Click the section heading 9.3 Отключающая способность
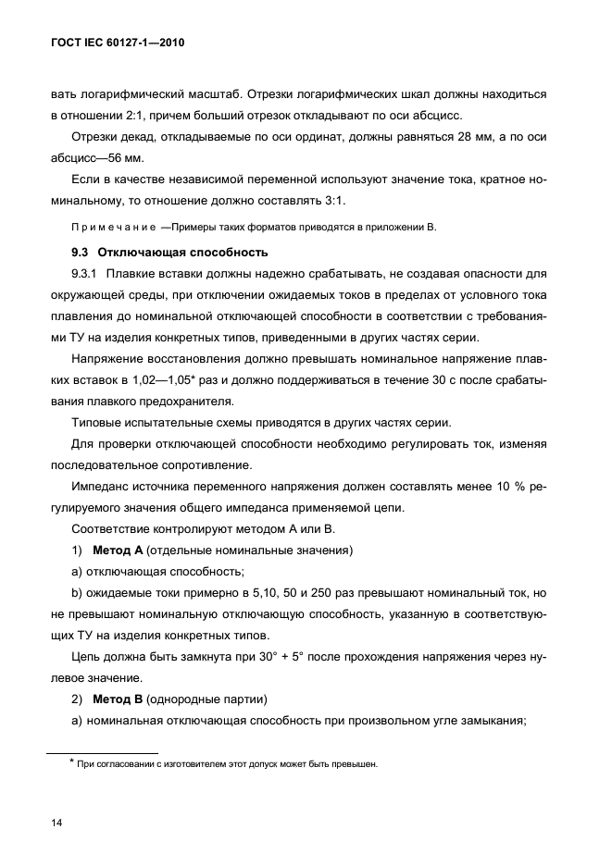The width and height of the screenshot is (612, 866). coord(169,252)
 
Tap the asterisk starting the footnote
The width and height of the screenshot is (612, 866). coord(70,762)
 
